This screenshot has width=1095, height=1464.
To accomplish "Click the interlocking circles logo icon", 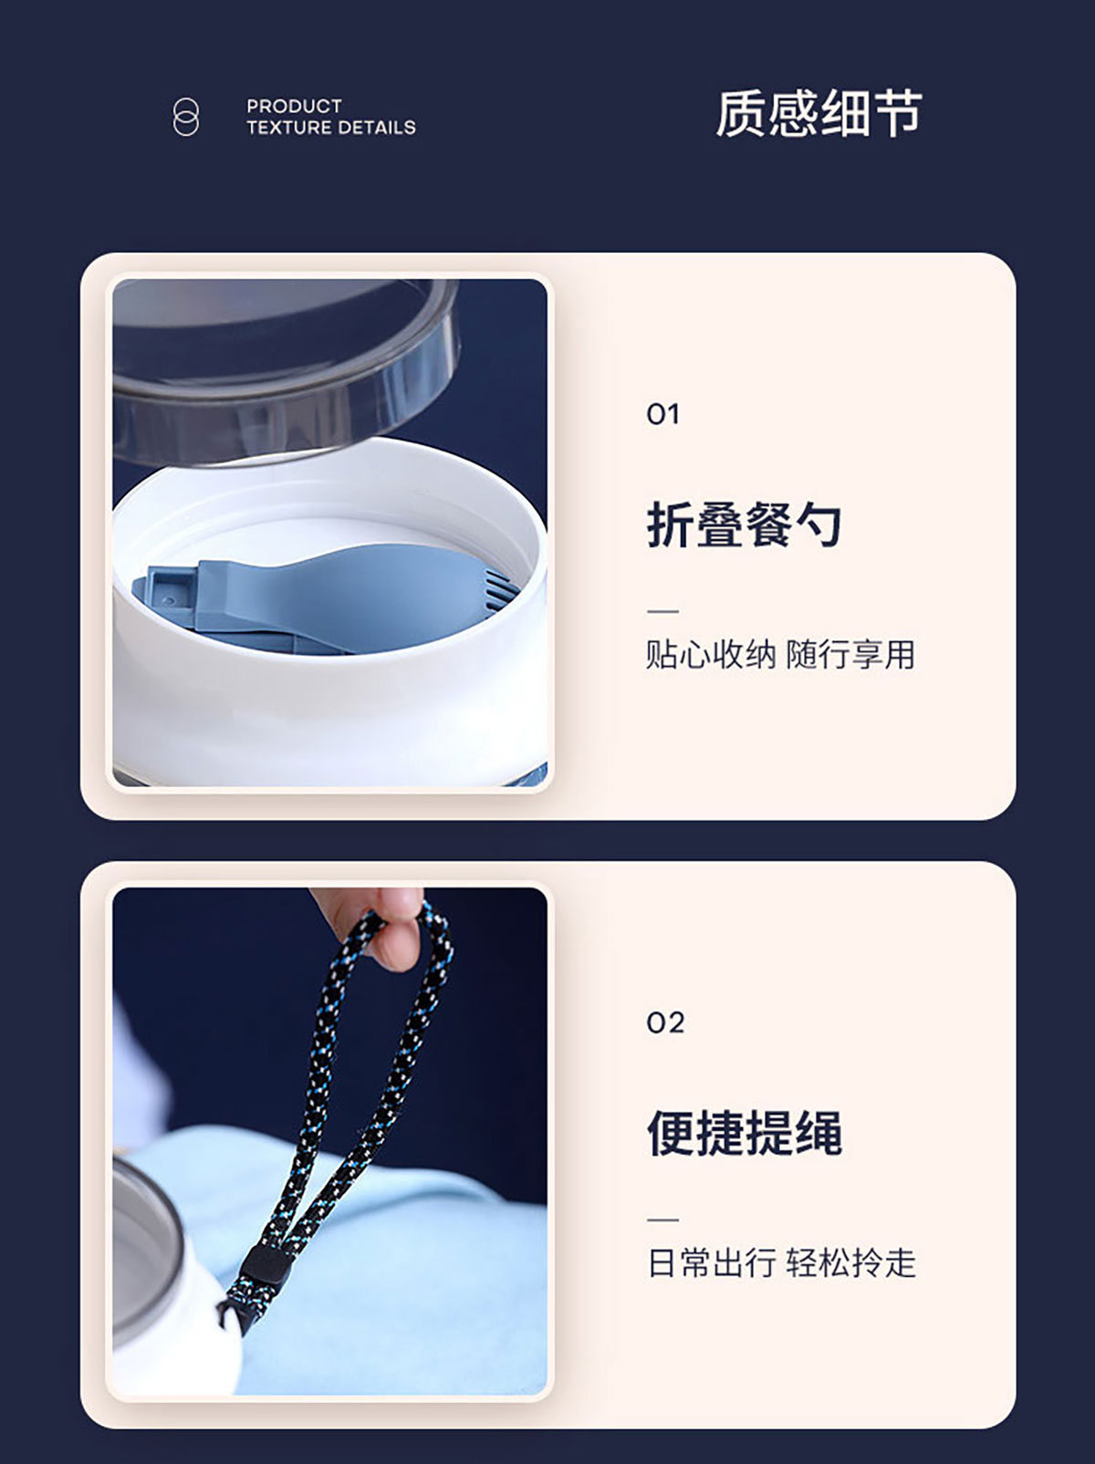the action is coord(185,118).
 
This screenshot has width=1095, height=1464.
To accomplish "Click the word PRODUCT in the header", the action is coord(294,106).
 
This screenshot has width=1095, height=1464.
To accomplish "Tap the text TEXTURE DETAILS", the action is coord(331,128).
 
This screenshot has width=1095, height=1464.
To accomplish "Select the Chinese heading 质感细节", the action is coord(819,113).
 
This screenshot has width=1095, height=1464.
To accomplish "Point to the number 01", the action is coord(662,414).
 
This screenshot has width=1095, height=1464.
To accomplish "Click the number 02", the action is coord(665,1023).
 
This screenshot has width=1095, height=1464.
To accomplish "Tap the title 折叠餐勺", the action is coord(744,524).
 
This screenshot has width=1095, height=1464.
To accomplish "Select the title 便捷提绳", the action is coord(744,1133).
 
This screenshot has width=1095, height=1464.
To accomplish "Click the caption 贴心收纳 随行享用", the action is coord(781,654).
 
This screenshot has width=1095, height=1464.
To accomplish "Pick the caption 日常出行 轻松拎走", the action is coord(781,1262).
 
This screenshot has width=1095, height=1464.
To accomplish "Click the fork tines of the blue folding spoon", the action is coord(502,590).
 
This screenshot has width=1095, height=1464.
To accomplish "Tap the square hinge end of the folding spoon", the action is coord(167,587).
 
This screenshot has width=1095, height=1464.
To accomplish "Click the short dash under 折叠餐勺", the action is coord(662,611).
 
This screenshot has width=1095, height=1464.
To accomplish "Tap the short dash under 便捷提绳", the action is coord(662,1220).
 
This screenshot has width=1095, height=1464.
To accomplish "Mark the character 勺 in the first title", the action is coord(819,524).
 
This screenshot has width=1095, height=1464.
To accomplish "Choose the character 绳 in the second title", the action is coord(819,1133).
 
